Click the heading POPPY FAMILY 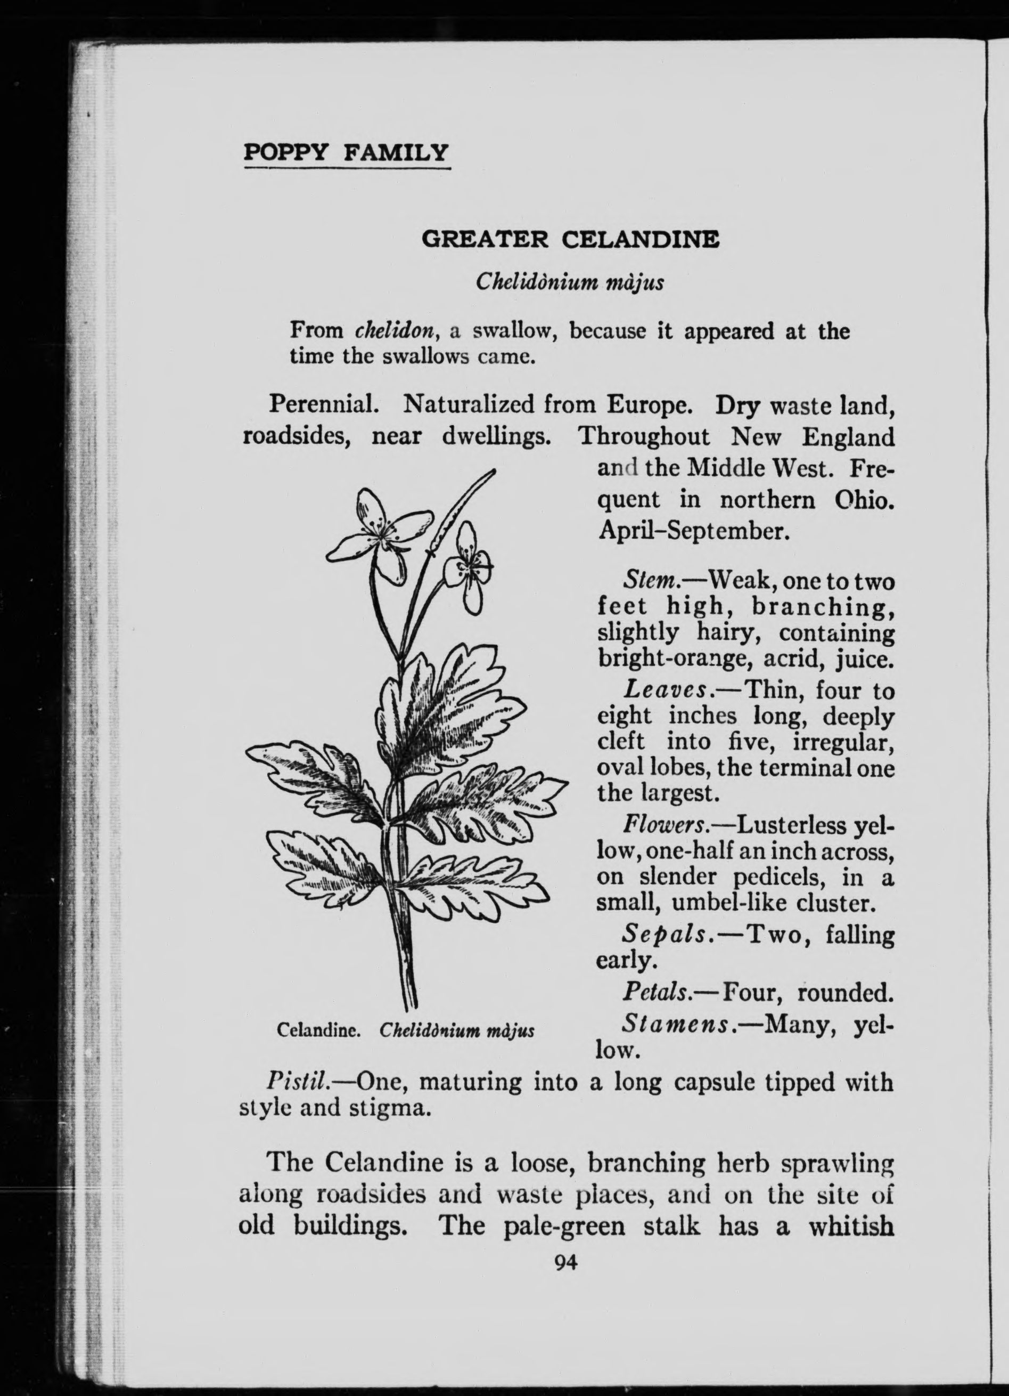click(x=347, y=152)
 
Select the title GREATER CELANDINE click(x=570, y=238)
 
